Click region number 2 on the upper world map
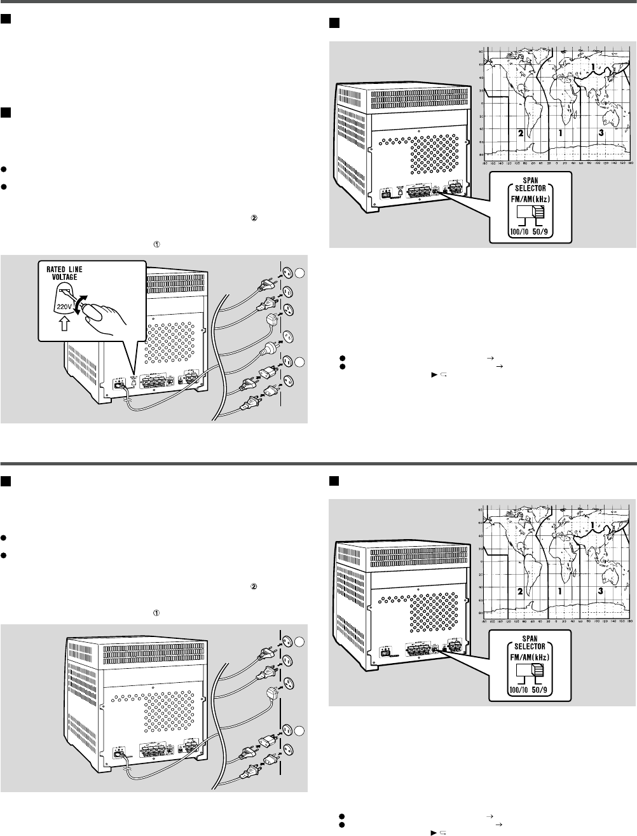click(520, 134)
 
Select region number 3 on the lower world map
click(600, 591)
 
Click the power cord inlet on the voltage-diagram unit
click(118, 383)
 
